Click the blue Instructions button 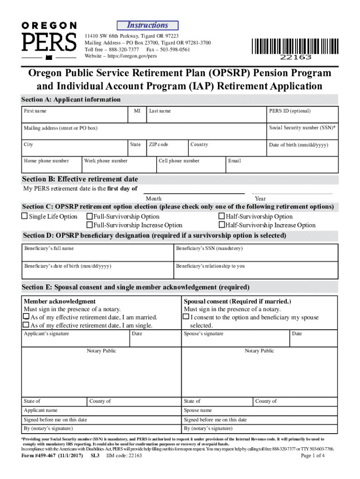(147, 25)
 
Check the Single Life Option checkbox (25, 217)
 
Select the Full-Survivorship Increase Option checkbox (90, 225)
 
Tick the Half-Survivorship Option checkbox (222, 217)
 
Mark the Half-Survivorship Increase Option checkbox (222, 225)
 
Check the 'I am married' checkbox (27, 317)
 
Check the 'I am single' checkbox (27, 325)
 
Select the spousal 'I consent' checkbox (187, 317)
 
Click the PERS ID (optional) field (302, 115)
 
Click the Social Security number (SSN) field (302, 132)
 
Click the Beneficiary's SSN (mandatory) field (255, 253)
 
